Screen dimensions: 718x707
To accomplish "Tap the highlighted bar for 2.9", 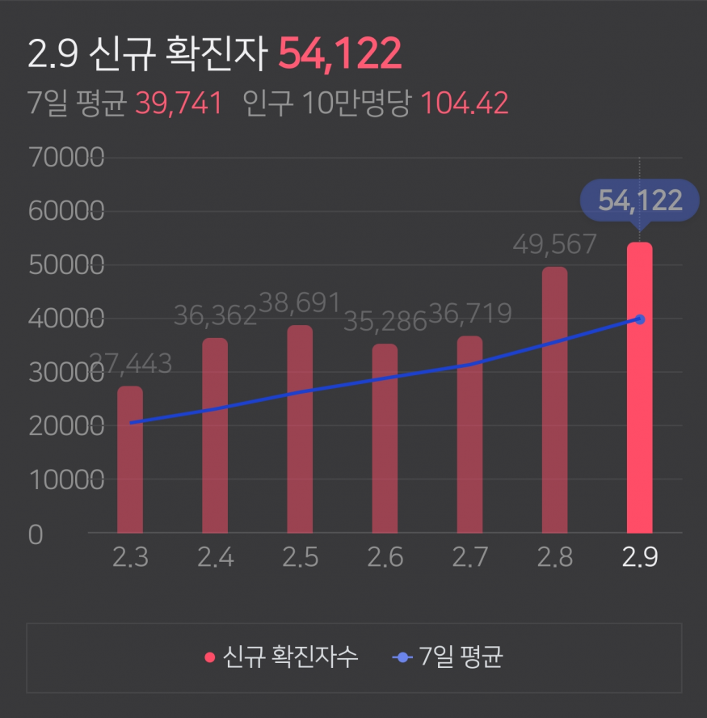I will click(639, 388).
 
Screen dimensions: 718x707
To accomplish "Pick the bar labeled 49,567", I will click(554, 400).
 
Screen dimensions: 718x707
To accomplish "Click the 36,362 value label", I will click(215, 315).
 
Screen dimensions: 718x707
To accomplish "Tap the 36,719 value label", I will click(469, 313).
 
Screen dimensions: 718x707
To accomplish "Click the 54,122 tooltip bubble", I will click(640, 201).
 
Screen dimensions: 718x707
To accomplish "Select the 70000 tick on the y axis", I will click(65, 158).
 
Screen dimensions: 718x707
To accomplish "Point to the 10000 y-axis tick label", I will click(65, 480).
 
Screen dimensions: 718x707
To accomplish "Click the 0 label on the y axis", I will click(35, 534).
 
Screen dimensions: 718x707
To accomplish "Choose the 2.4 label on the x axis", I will click(215, 558).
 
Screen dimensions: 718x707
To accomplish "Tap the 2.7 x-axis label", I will click(469, 558).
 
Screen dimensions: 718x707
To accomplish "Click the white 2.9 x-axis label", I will click(639, 558).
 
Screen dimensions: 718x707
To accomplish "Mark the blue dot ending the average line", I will click(640, 319).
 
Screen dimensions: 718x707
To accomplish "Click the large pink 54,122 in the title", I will click(339, 54).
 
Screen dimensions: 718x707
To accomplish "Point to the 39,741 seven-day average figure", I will click(179, 103).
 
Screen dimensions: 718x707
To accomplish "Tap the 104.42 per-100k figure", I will click(465, 103).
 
